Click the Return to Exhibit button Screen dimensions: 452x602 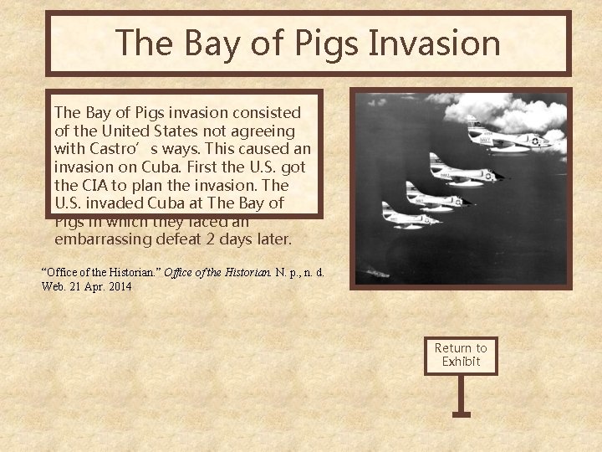tap(461, 354)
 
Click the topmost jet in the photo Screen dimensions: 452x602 tap(506, 134)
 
